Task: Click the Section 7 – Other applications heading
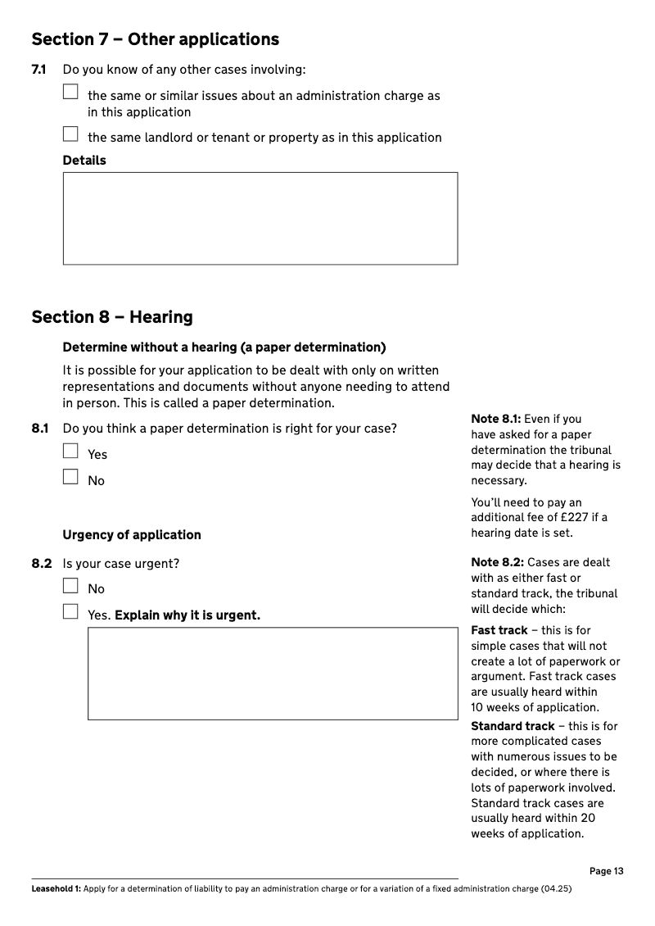tap(155, 39)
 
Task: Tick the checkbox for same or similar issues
tap(70, 92)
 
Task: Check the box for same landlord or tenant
tap(70, 134)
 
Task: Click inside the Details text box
tap(260, 218)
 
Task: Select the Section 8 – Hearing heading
tap(112, 317)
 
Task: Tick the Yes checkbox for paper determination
tap(70, 451)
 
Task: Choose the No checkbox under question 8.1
tap(70, 477)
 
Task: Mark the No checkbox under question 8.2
tap(70, 586)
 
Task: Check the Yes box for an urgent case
tap(70, 611)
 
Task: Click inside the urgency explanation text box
tap(273, 674)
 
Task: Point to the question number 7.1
tap(38, 70)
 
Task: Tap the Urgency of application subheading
tap(132, 535)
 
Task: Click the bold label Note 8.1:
tap(496, 420)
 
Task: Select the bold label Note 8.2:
tap(497, 562)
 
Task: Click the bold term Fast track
tap(499, 631)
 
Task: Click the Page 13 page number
tap(606, 871)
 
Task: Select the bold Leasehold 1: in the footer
tap(56, 889)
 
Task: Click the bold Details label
tap(84, 161)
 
